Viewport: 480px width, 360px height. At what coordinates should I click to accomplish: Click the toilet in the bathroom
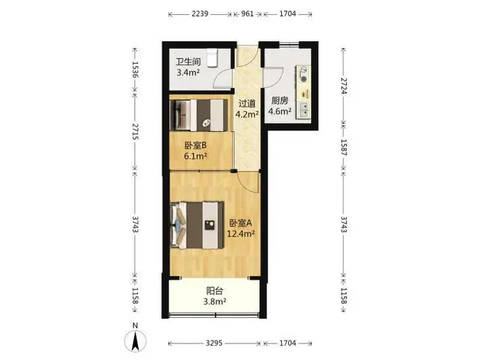click(211, 58)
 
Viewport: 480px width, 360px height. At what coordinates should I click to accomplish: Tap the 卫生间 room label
click(188, 61)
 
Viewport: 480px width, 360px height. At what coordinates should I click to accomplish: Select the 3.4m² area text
click(188, 73)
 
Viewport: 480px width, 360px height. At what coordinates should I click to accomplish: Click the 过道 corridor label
click(247, 103)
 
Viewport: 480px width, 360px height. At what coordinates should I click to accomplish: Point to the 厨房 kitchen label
click(280, 100)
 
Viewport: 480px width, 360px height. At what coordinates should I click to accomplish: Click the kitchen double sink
click(304, 110)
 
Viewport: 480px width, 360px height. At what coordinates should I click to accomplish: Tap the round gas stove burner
click(304, 79)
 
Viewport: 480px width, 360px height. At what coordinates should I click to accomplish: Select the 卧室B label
click(195, 145)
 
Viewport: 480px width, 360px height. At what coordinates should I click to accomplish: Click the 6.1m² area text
click(195, 156)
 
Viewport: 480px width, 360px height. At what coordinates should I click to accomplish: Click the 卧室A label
click(241, 223)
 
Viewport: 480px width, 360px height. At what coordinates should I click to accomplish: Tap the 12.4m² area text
click(241, 234)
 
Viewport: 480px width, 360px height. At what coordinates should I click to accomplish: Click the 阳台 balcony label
click(214, 290)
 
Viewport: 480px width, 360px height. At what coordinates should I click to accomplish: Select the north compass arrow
click(135, 340)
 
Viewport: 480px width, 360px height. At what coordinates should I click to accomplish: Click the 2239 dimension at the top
click(200, 13)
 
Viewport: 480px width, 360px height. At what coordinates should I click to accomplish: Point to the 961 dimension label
click(247, 13)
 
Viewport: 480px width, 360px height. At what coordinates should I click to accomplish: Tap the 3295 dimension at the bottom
click(214, 343)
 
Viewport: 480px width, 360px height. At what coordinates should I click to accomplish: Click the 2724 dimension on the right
click(344, 86)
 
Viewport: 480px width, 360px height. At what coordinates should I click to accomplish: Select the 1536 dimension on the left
click(135, 69)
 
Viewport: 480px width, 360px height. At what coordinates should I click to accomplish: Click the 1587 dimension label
click(344, 147)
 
